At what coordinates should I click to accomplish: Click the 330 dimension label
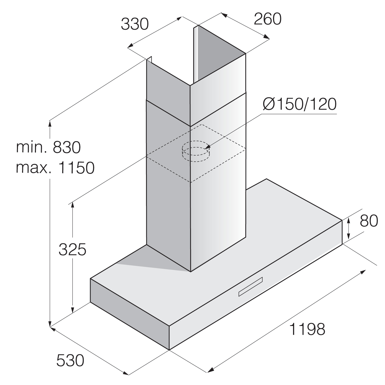pyautogui.click(x=135, y=24)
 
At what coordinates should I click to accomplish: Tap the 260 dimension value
pyautogui.click(x=267, y=19)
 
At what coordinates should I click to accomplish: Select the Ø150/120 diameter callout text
pyautogui.click(x=299, y=104)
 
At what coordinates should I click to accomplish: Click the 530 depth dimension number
pyautogui.click(x=70, y=360)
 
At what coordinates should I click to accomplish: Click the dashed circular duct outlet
pyautogui.click(x=196, y=151)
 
